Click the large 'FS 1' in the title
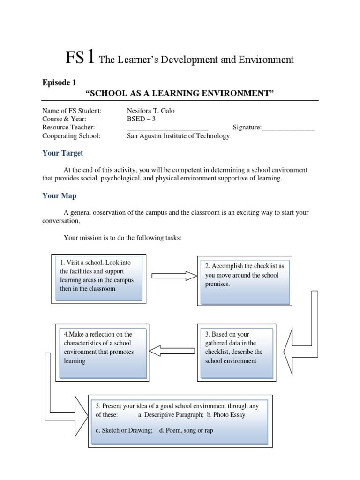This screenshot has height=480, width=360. pos(81,58)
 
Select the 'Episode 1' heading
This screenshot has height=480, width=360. pos(59,82)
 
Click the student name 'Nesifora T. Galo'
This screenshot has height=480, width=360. pos(153,110)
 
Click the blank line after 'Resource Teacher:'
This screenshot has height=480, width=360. pos(167,127)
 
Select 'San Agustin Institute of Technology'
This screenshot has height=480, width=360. pos(179,136)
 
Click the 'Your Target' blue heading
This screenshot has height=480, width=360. pos(63,153)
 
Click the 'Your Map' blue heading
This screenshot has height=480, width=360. pos(59,195)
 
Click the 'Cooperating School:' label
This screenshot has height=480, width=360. pos(71,136)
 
